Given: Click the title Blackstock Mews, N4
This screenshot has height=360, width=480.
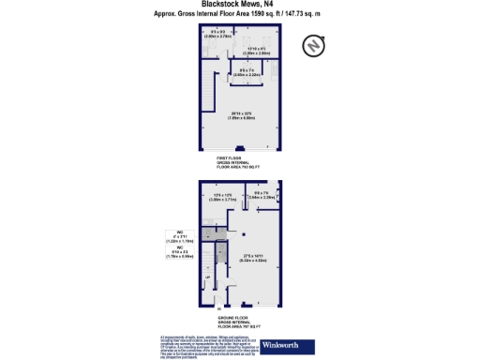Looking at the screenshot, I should tap(239, 5).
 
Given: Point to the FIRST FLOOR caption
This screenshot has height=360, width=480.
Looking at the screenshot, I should tap(237, 161).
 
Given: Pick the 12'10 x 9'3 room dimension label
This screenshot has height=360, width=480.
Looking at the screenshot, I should tap(257, 51).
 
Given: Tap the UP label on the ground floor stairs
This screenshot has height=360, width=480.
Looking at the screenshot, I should tap(208, 277).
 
